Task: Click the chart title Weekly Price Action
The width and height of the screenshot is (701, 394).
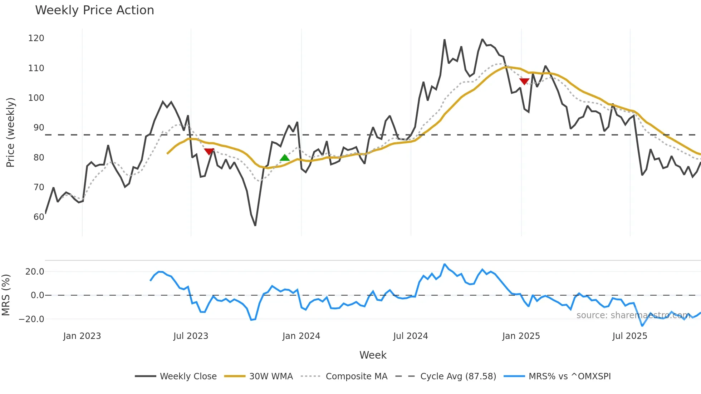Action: pos(94,10)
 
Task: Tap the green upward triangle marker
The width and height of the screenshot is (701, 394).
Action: pos(285,158)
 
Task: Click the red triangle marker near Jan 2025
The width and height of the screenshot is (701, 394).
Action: pos(524,82)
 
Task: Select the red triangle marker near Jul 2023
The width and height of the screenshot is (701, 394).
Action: pos(209,152)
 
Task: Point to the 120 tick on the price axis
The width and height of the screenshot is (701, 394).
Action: pos(36,38)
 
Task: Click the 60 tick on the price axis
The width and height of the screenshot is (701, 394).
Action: pos(39,217)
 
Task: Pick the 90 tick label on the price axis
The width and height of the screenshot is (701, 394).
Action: pos(39,128)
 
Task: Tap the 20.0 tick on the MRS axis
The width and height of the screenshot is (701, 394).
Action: pos(35,272)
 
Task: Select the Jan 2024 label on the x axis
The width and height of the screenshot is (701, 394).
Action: pos(301,336)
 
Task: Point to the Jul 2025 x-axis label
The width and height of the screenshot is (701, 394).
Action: pos(630,336)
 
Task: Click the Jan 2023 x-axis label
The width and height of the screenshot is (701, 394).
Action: pos(82,336)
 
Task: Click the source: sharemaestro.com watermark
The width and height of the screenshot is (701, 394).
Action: pos(633,315)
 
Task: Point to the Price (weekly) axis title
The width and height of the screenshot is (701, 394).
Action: pos(10,132)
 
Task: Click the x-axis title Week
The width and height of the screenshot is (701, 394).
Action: pos(373,355)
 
